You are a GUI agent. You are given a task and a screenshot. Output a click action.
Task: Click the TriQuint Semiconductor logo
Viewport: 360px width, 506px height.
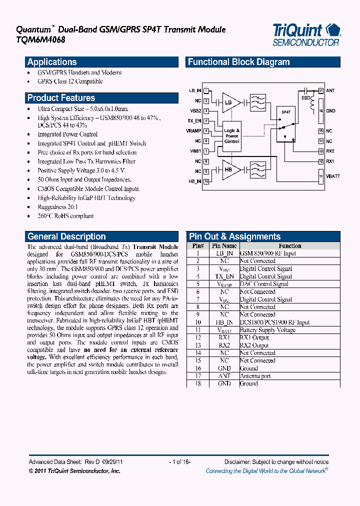306,34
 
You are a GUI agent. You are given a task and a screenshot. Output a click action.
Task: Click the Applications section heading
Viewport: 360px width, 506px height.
52,62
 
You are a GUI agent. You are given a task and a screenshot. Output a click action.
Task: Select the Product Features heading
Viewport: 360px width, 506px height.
61,98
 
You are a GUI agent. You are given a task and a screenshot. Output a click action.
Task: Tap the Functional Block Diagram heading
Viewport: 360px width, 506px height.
238,62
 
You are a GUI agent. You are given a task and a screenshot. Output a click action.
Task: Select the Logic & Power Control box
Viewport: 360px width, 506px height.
231,135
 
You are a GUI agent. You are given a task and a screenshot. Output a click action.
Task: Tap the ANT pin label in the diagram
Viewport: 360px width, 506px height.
330,90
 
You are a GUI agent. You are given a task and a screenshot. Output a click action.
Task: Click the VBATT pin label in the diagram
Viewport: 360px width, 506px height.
332,176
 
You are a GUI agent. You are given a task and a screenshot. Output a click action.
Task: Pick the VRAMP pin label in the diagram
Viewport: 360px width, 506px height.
194,130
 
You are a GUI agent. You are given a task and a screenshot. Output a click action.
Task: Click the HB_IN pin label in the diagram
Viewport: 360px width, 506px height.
195,181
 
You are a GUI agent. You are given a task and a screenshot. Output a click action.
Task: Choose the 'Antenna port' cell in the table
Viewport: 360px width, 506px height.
255,376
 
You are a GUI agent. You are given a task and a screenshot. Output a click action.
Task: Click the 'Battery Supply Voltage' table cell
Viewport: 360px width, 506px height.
267,330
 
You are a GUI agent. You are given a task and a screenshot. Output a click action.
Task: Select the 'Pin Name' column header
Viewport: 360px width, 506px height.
224,245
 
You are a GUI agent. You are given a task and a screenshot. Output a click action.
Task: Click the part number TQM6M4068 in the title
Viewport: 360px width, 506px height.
30,39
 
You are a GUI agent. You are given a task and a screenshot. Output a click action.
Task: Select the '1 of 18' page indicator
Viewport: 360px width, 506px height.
180,462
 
